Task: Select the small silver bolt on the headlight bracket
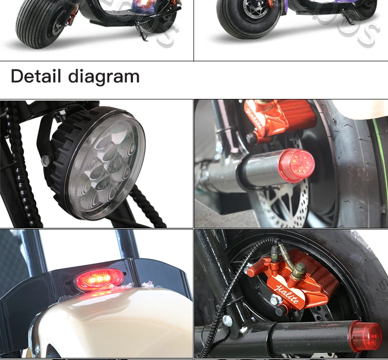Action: click(46, 162)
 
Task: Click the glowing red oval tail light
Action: click(100, 280)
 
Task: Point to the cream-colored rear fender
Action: click(103, 326)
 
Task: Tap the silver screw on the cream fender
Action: click(36, 350)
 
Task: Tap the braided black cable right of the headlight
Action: click(145, 207)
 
